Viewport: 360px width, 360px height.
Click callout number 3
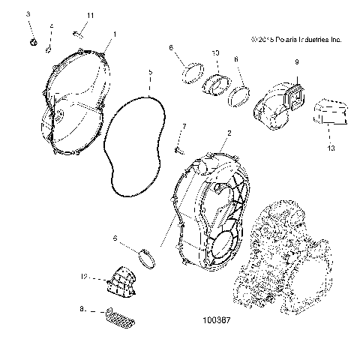point(28,14)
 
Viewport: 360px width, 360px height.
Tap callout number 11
point(90,15)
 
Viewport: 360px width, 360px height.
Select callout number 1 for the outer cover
point(114,34)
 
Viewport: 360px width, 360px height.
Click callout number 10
point(215,53)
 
